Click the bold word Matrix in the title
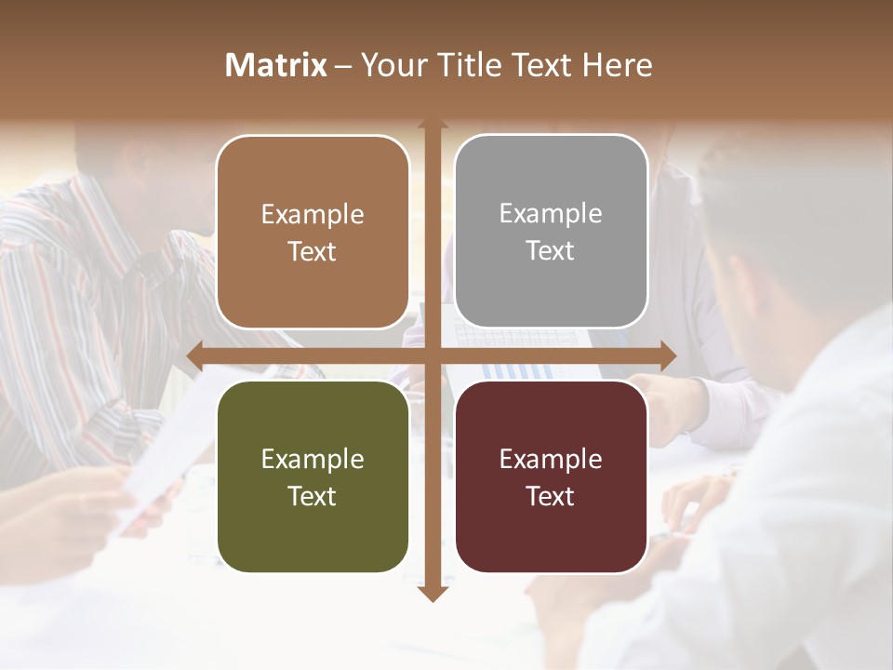pos(276,65)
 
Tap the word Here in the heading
pos(617,65)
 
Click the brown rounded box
pos(313,233)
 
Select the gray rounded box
pos(551,232)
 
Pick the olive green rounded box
pos(313,477)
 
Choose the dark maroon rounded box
pos(551,477)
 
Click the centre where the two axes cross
pos(432,356)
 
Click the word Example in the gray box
pos(551,214)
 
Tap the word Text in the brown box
pos(313,251)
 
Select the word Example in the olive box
pos(313,459)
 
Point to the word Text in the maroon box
pos(551,496)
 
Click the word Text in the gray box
pos(551,250)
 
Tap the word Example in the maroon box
pos(551,459)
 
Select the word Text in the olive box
pos(313,496)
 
